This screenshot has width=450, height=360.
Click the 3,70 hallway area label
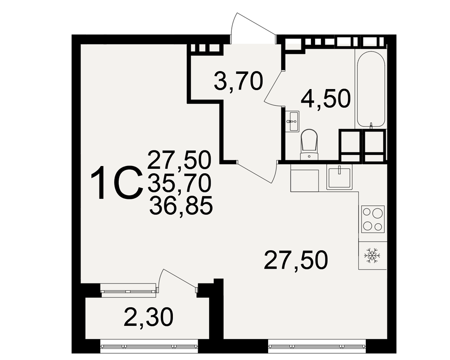coord(238,81)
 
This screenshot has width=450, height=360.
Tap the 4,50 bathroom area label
coord(326,98)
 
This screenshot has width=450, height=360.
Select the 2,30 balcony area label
coord(148,318)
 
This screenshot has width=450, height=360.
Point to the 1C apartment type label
coord(117,183)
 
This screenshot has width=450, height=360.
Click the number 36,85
coord(181,206)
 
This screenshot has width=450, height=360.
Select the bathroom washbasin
coord(292,121)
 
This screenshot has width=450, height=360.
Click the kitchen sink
coord(339,177)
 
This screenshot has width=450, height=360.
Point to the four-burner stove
coord(373,219)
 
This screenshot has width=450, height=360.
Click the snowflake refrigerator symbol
coord(372,256)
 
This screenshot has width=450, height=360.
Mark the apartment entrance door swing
coord(252,28)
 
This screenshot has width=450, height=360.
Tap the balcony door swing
coord(177,280)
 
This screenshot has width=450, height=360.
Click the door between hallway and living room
coord(257,171)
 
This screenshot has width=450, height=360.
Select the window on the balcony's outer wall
coord(149,346)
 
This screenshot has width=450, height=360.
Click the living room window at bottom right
coord(317,346)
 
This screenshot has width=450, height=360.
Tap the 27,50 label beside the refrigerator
coord(296,260)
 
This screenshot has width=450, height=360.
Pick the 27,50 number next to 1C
coord(180,160)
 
